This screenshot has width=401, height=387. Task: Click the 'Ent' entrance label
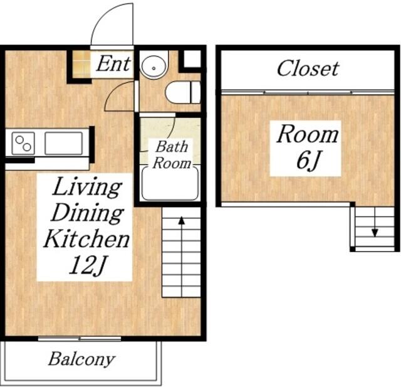(114, 63)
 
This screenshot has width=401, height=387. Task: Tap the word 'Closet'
(308, 68)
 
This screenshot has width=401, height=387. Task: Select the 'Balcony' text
(81, 359)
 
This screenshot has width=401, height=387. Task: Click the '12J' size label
(87, 265)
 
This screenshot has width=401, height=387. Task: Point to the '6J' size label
(308, 160)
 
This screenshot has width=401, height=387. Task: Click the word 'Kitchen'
(86, 238)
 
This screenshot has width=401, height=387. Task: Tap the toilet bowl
(182, 92)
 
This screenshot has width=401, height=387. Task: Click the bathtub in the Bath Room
(170, 183)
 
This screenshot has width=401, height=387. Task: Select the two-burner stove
(23, 144)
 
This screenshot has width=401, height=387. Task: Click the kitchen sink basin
(64, 144)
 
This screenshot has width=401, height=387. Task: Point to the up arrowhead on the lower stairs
(181, 220)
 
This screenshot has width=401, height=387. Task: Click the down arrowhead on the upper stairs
(375, 233)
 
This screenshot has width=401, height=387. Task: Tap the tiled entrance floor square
(81, 63)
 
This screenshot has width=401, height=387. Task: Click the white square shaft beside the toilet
(192, 59)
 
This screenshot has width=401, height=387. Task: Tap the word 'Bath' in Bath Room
(172, 147)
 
